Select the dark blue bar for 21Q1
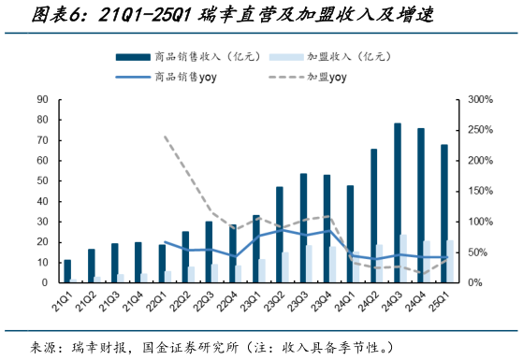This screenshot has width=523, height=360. point(66,271)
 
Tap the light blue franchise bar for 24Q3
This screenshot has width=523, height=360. point(404,258)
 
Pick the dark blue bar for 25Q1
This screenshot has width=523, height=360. point(444,213)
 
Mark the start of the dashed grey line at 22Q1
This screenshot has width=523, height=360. point(164,137)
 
